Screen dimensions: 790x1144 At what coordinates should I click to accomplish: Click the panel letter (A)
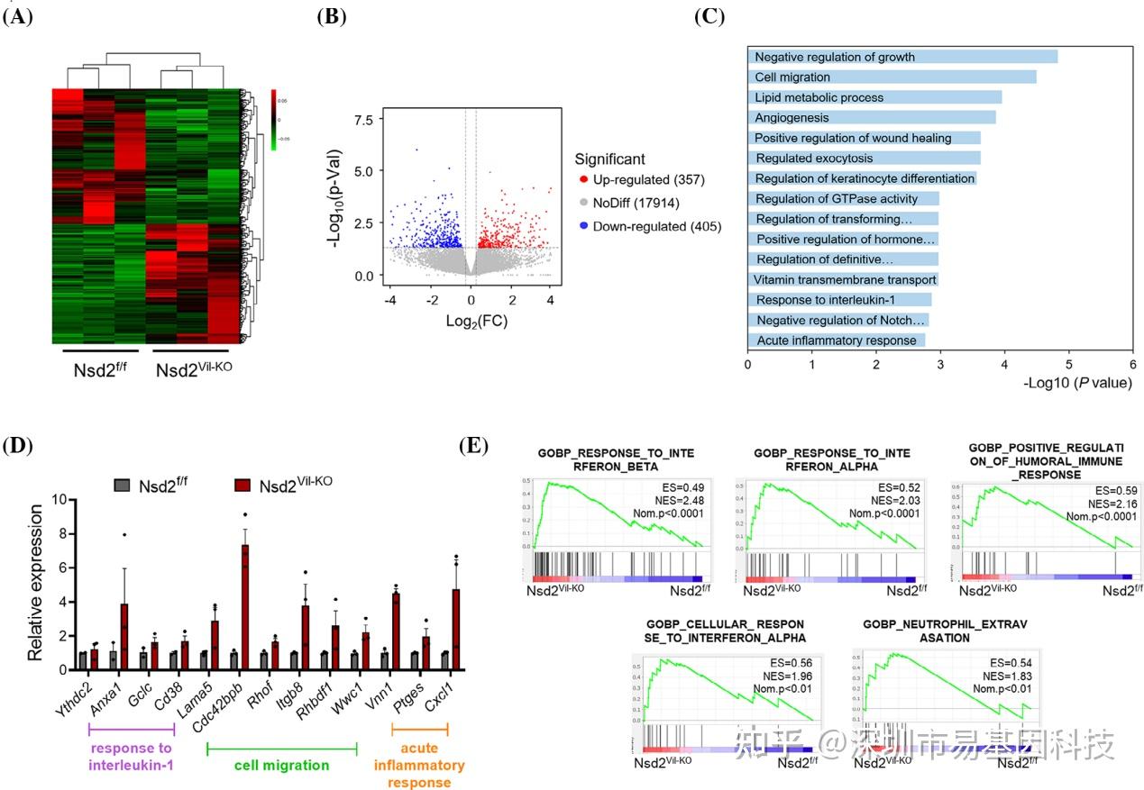coord(18,16)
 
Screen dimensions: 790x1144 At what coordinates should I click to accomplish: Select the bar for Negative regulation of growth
coord(902,57)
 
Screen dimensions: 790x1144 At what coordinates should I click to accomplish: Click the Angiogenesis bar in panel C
coord(871,117)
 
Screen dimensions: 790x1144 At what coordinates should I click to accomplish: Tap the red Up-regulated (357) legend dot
coord(581,181)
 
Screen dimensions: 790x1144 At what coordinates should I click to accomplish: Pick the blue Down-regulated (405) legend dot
coord(581,227)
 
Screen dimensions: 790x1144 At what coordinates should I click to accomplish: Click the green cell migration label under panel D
coord(282,766)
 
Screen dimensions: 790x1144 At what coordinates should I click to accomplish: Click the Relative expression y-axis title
coord(35,583)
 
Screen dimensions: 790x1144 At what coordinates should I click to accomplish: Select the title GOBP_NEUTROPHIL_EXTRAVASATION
coord(939,631)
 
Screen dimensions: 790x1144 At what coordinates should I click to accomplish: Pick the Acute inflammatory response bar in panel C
coord(836,341)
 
